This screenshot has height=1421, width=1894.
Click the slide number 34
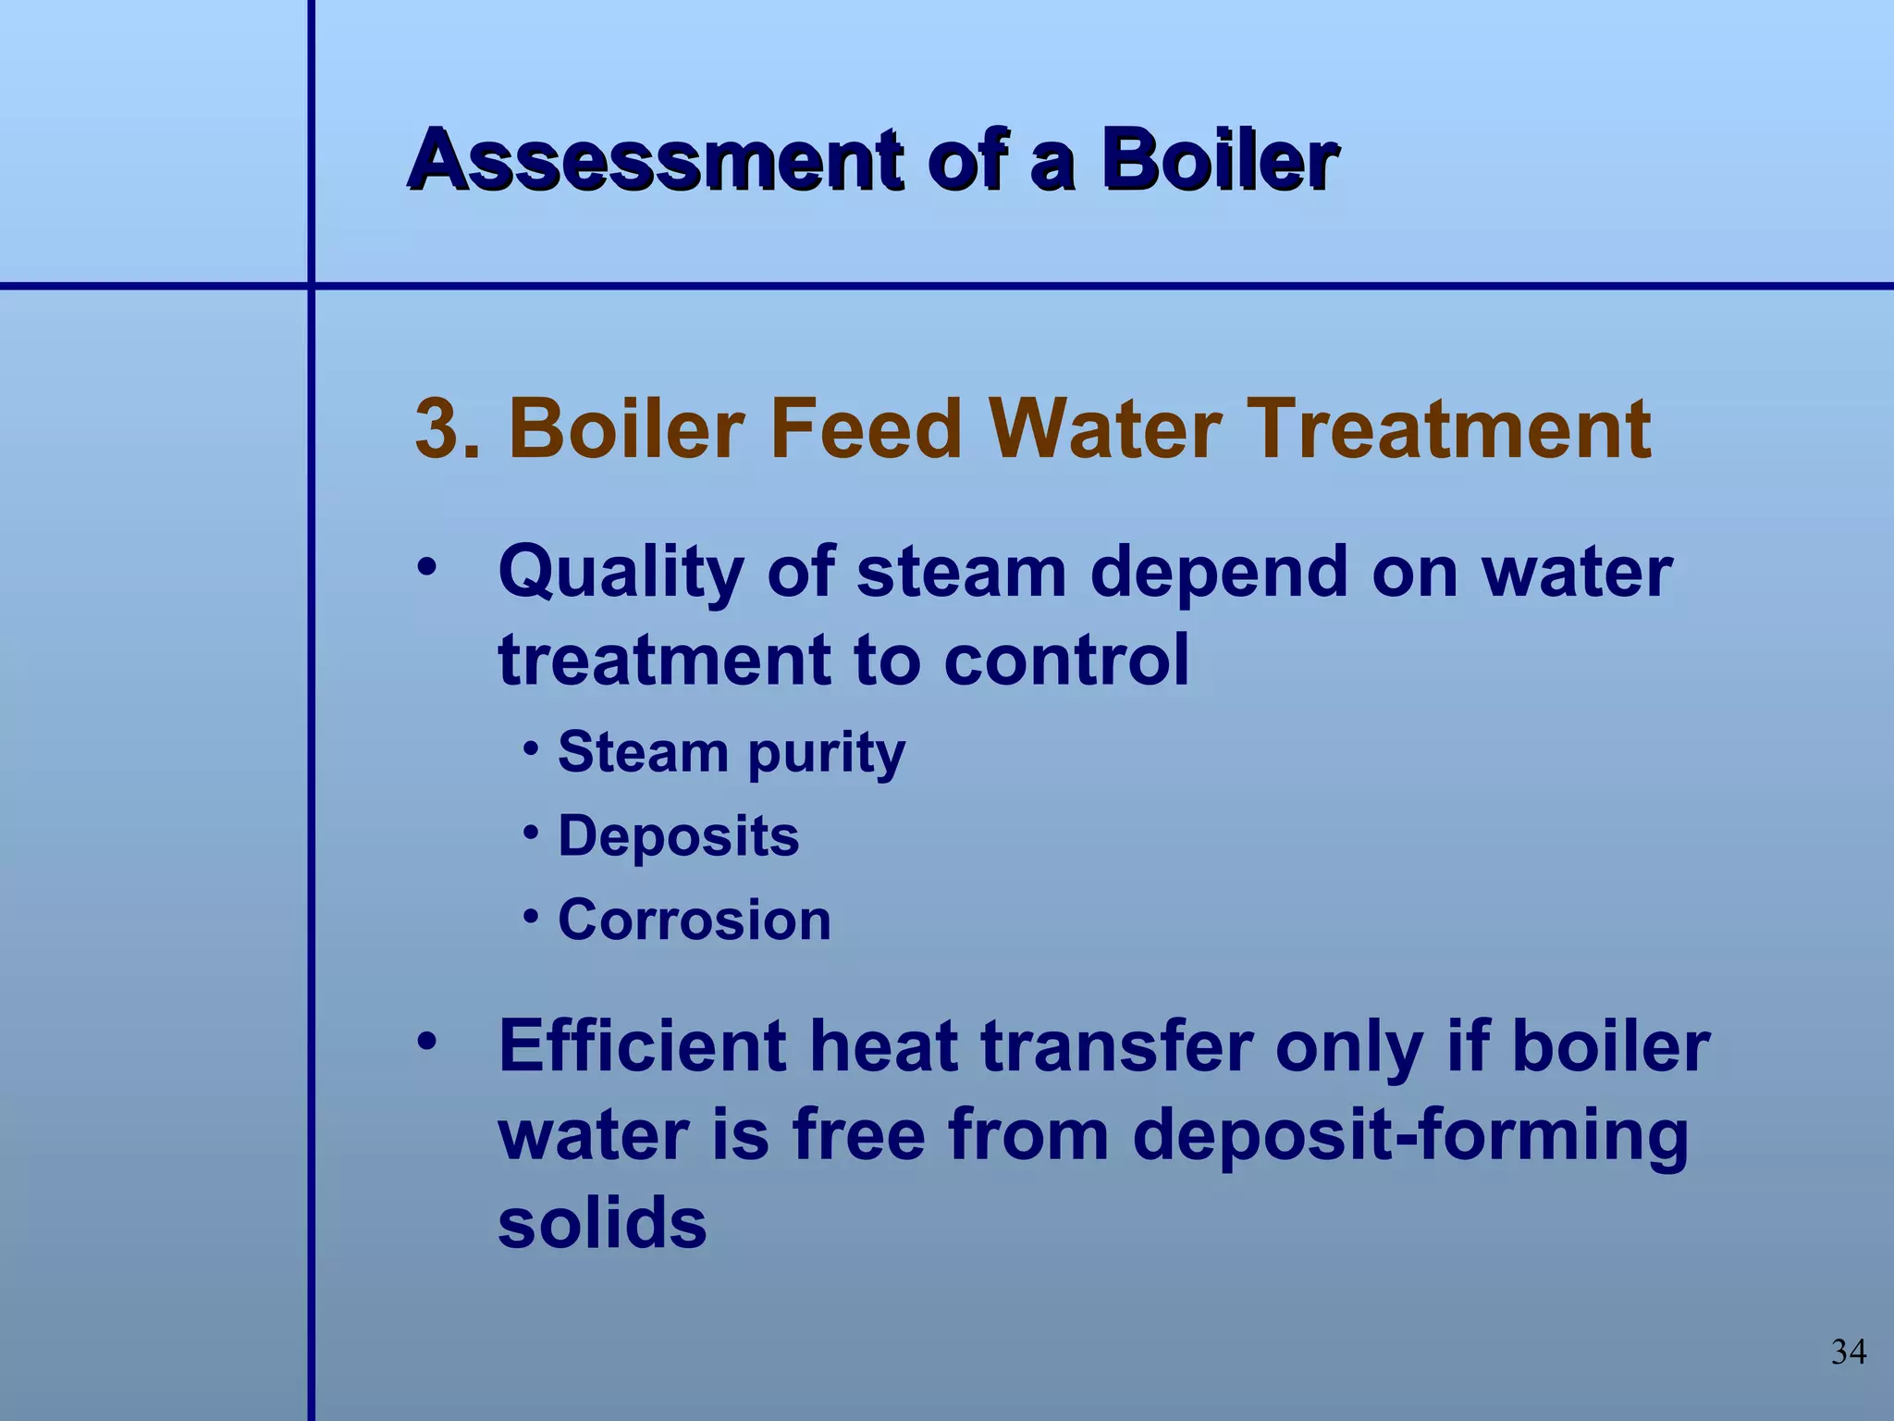click(x=1848, y=1353)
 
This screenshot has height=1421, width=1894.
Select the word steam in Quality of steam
click(x=962, y=572)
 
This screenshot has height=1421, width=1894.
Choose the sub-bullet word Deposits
click(x=678, y=836)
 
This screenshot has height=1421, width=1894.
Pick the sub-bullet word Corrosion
click(x=695, y=921)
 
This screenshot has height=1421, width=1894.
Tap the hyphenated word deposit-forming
click(x=1410, y=1137)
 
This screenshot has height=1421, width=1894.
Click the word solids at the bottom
click(x=602, y=1223)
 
